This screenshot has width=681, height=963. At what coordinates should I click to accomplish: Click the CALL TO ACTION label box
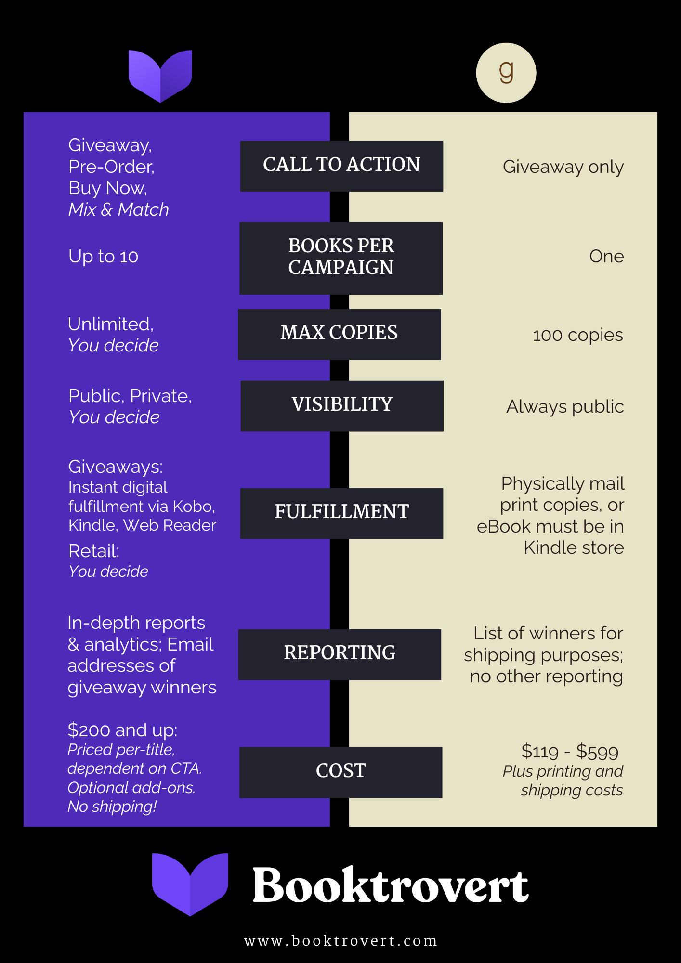click(x=341, y=166)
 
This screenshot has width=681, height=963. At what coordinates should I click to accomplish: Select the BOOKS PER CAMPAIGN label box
click(x=341, y=258)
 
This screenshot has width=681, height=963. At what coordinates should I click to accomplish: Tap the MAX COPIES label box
click(x=340, y=334)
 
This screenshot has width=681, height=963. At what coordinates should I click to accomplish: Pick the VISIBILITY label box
click(x=342, y=405)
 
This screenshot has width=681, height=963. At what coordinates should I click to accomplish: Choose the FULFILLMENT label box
click(x=341, y=513)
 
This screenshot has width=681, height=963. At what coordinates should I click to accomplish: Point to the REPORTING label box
click(x=340, y=654)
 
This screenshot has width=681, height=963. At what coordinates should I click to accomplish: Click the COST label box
click(x=340, y=772)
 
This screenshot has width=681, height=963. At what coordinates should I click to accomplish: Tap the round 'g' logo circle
click(x=506, y=73)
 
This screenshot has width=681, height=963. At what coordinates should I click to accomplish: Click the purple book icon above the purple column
click(x=160, y=75)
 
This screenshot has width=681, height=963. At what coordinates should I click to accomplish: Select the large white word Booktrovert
click(x=391, y=885)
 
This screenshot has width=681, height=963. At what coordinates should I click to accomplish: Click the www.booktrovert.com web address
click(x=340, y=940)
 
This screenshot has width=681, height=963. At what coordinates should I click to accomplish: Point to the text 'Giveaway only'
click(x=563, y=167)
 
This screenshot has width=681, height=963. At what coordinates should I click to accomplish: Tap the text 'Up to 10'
click(x=103, y=257)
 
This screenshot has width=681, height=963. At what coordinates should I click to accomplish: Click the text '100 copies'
click(x=577, y=335)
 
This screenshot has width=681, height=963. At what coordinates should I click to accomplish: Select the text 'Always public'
click(x=565, y=407)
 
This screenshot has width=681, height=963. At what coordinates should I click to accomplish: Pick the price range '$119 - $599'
click(x=570, y=752)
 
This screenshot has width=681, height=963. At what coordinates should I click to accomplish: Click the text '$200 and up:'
click(x=122, y=730)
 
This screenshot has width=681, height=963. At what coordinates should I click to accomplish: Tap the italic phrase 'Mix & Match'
click(x=118, y=209)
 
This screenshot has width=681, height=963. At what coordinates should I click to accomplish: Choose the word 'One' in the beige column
click(x=606, y=257)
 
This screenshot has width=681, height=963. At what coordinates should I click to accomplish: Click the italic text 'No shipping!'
click(x=112, y=807)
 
